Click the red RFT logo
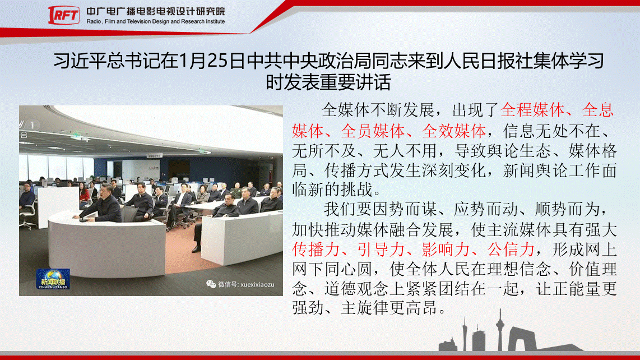[64, 15]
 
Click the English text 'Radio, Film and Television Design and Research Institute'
[155, 22]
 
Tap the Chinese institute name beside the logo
[155, 11]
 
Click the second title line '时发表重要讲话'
[328, 82]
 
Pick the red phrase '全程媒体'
[532, 110]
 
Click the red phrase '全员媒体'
[372, 131]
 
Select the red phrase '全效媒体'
[453, 131]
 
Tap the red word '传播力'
[316, 250]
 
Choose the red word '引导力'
[381, 250]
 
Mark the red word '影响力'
[446, 250]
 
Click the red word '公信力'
[511, 250]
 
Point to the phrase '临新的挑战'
[332, 190]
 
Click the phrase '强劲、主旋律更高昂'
[365, 308]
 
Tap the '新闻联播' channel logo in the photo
[53, 279]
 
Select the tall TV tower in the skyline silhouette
[499, 330]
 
